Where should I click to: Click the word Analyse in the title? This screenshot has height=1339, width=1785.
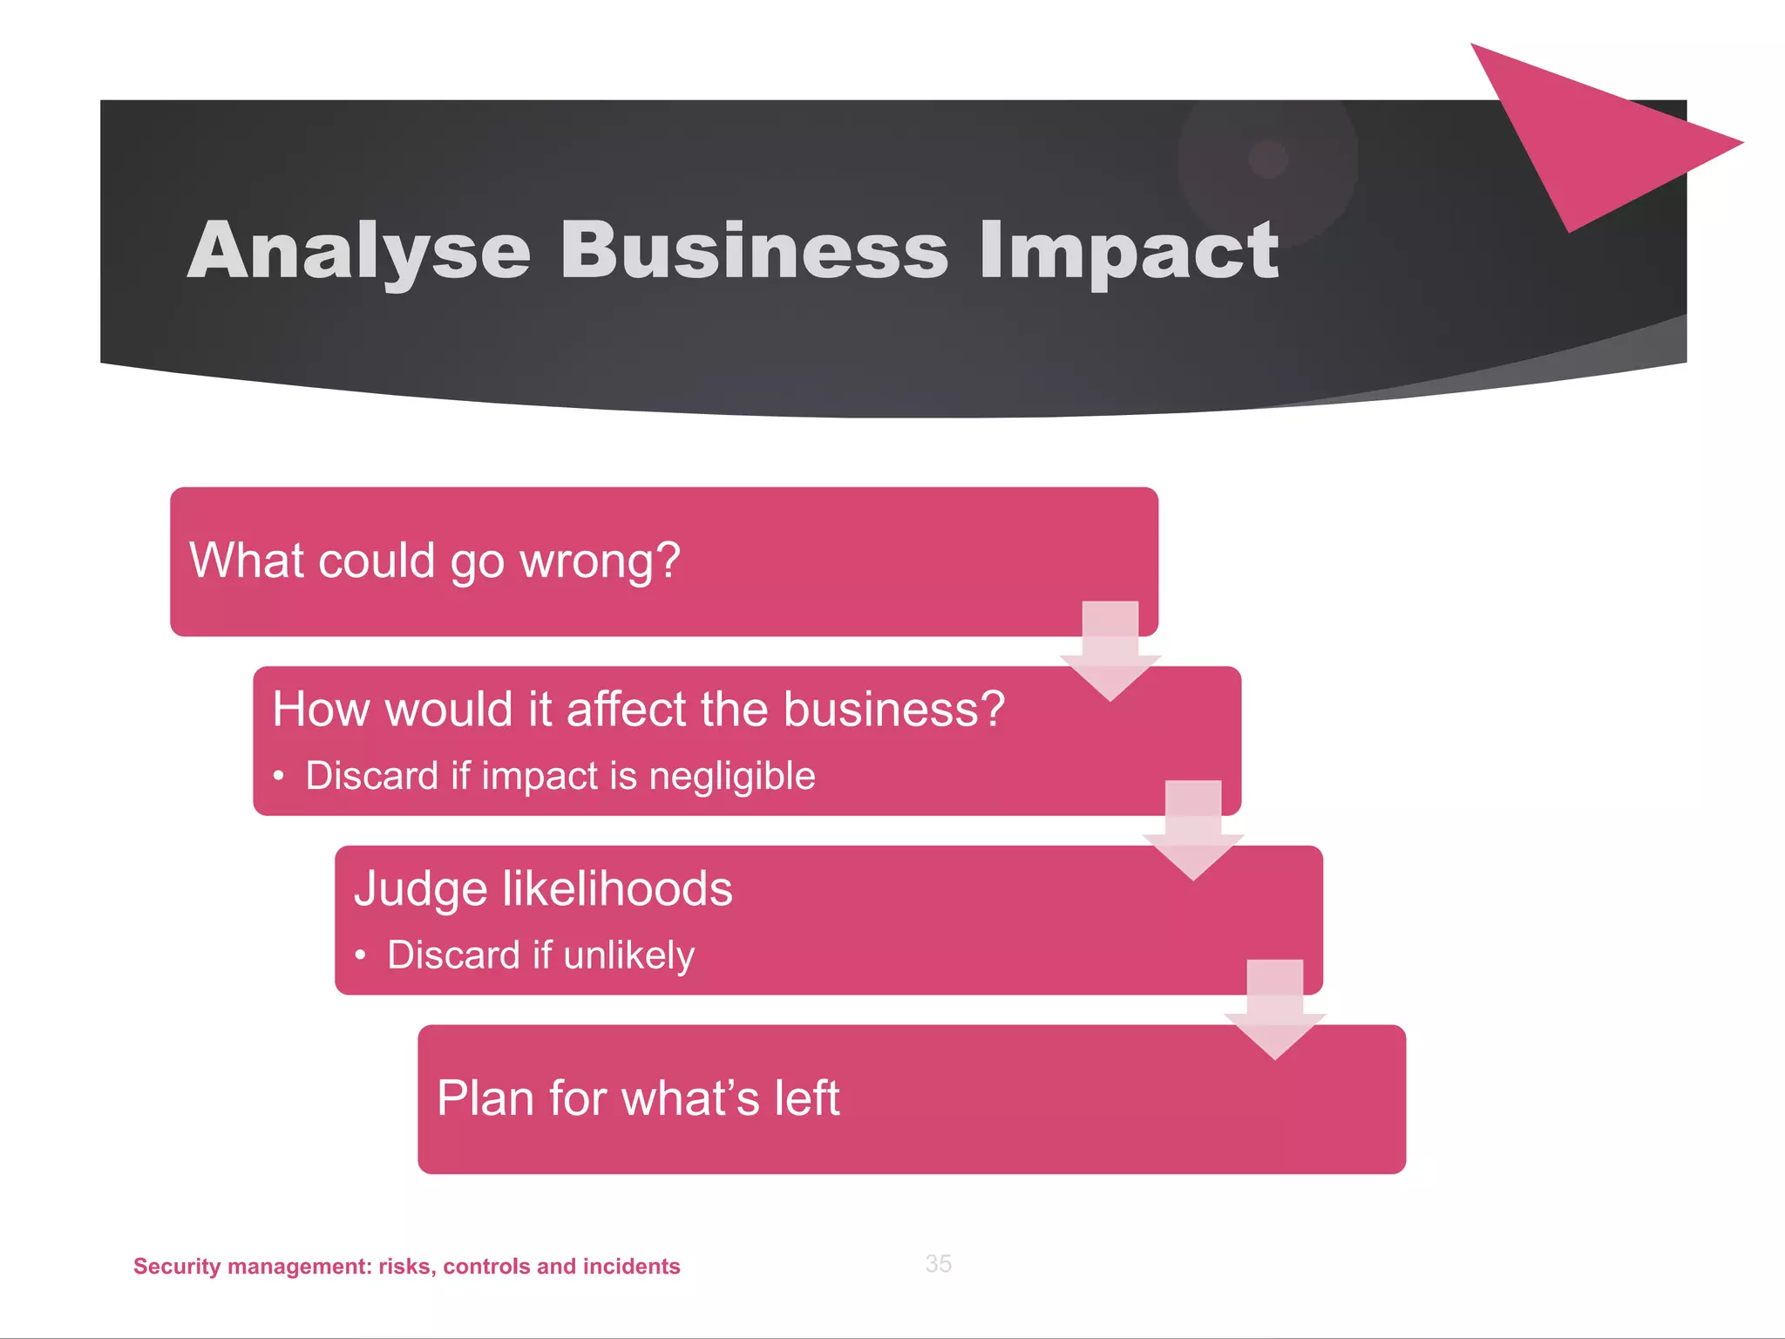point(358,252)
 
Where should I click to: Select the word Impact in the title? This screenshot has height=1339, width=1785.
point(1128,252)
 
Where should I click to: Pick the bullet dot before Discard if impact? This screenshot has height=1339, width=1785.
point(278,776)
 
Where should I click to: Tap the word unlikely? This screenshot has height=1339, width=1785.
point(628,955)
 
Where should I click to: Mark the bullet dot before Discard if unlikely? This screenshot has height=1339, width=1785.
point(360,955)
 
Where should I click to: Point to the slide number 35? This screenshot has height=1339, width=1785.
point(938,1263)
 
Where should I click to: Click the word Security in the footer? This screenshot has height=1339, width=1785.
point(177,1267)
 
